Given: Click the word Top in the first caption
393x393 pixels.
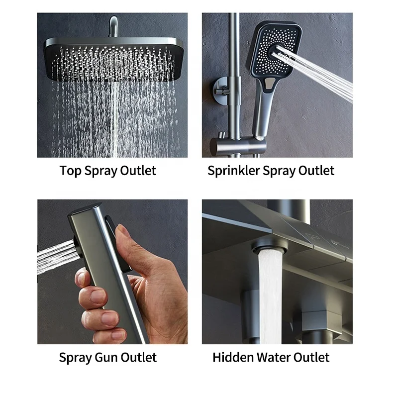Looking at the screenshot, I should click(x=70, y=171).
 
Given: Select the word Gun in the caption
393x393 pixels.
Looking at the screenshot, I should click(x=110, y=357).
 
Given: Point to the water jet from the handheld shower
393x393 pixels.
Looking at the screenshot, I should click(x=318, y=72).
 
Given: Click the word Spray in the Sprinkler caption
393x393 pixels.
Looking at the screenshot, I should click(x=279, y=171).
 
